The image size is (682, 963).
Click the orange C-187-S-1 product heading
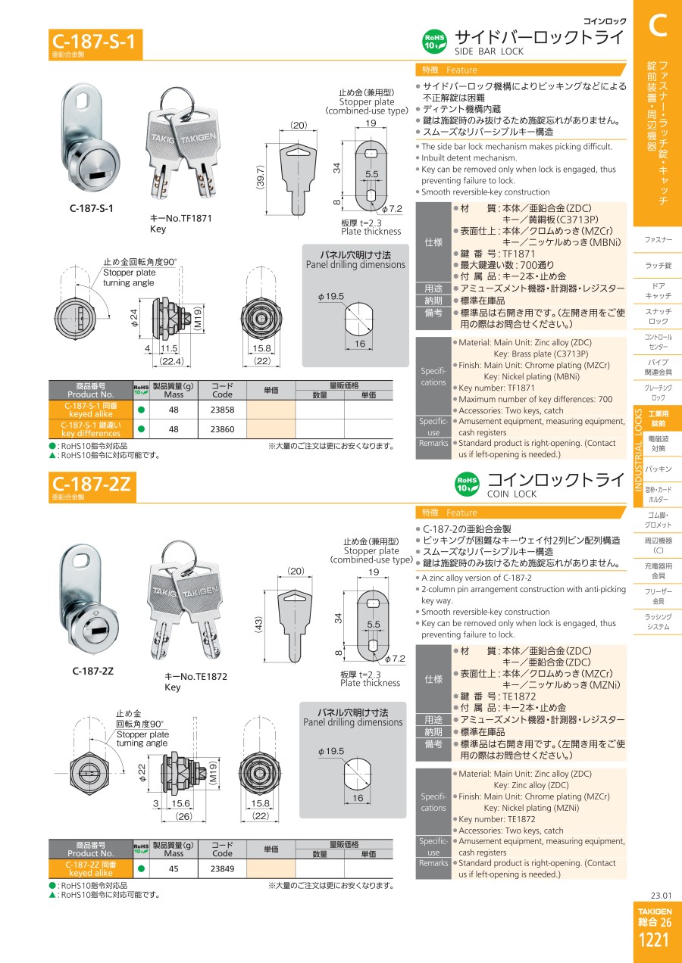94,42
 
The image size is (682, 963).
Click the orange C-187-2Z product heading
91,484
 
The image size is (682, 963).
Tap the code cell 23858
222,410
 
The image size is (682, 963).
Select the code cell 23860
222,429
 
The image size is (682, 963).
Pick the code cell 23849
222,869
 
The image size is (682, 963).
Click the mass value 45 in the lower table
174,869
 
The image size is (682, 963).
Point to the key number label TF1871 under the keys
180,218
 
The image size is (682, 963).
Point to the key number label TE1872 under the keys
196,676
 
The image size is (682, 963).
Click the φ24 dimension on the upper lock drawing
135,318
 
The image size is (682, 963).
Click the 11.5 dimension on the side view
169,348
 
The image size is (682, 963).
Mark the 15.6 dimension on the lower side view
180,803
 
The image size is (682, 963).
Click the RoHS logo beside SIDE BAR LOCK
435,42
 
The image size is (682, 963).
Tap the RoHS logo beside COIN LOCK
467,484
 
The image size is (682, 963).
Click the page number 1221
654,940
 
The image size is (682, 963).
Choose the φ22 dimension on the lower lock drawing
142,772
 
